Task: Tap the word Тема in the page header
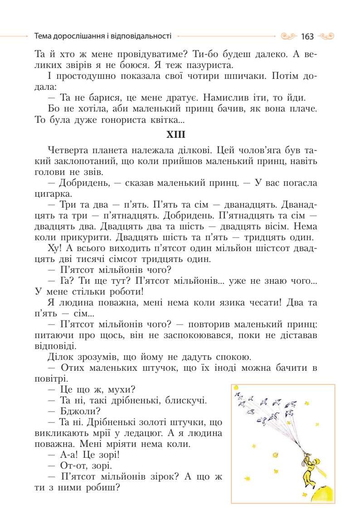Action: click(43, 35)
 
